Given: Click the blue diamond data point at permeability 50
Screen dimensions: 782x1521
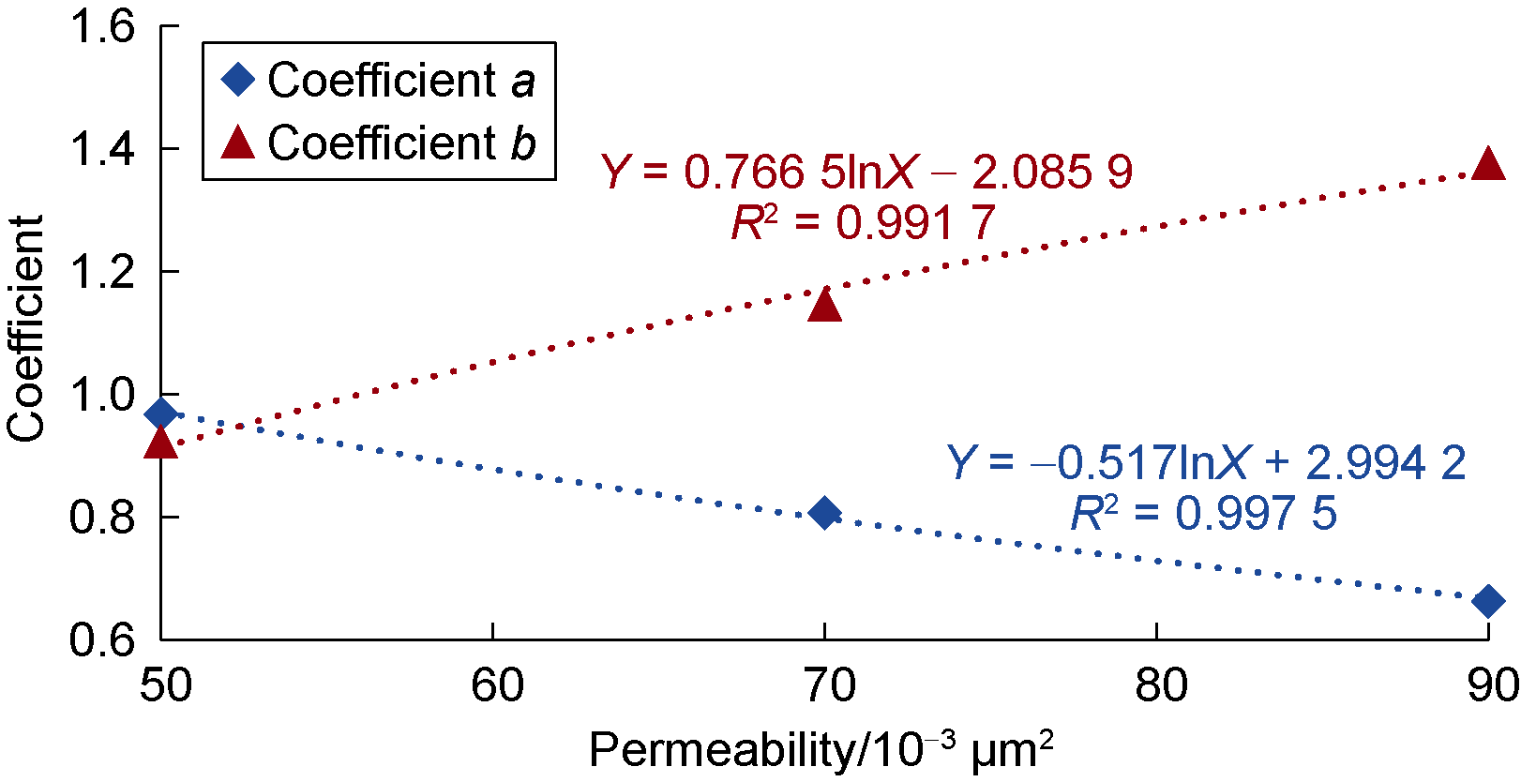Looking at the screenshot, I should [161, 413].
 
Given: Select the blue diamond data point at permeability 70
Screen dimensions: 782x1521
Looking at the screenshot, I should [824, 513].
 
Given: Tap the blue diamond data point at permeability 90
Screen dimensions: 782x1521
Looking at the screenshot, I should [1487, 601].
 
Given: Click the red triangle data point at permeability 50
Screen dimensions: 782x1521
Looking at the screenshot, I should [161, 443].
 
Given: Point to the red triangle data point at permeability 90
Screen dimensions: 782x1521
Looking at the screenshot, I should [1487, 165].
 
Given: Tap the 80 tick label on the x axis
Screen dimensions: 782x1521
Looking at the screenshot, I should [1160, 686].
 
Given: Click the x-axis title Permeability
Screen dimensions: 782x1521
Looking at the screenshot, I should [821, 751].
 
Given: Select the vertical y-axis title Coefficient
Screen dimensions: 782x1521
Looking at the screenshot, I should [26, 328].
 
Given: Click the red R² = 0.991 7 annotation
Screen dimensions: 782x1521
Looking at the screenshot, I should [863, 223].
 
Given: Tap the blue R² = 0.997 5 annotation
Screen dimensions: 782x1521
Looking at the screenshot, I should [1203, 514].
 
